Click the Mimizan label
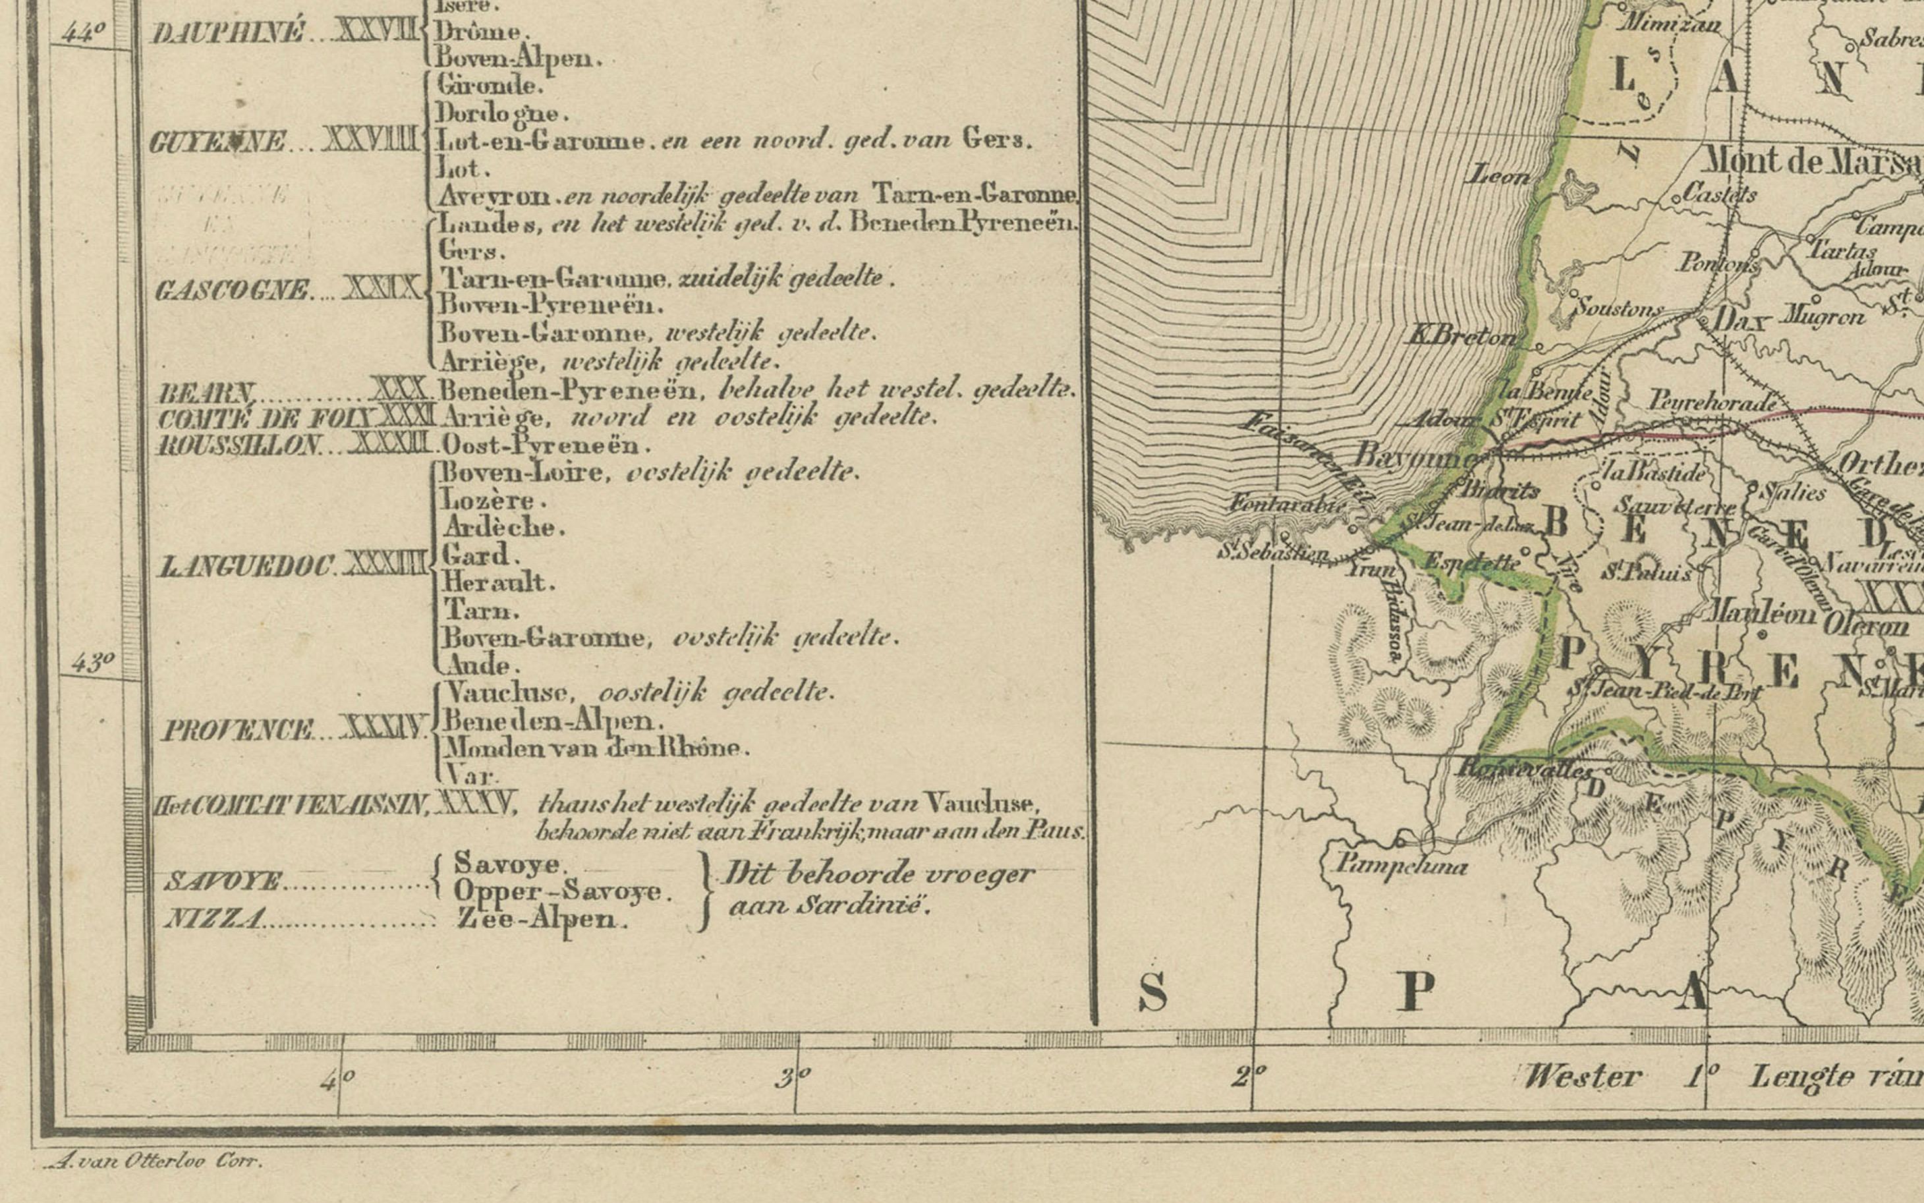tap(1670, 23)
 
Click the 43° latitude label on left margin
tap(92, 662)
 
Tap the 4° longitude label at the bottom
tap(337, 1080)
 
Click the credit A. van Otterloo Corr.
tap(154, 1161)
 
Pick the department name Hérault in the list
tap(497, 583)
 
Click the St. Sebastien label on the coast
tap(1272, 552)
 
